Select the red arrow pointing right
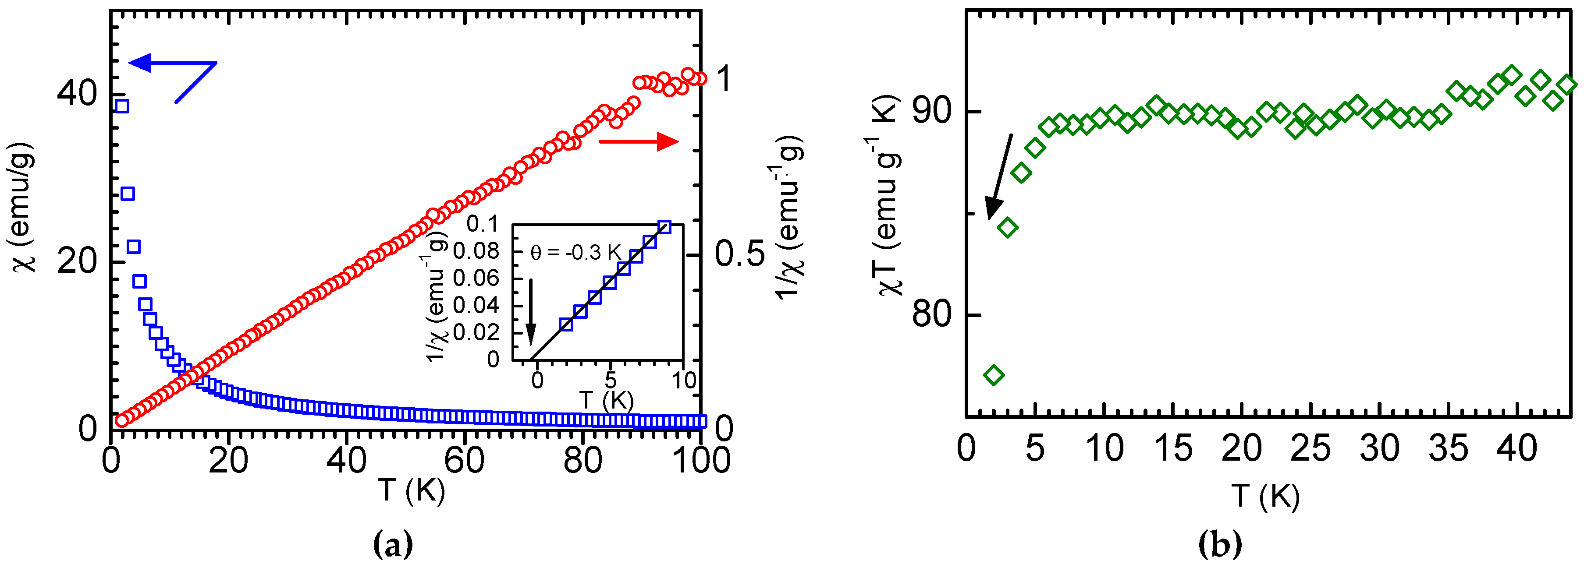coord(639,142)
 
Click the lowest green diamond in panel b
coord(994,375)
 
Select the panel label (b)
coord(1221,544)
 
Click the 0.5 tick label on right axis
coord(740,253)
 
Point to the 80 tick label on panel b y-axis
coord(931,314)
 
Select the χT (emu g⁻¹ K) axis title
coord(887,197)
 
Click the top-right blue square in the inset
coord(664,227)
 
